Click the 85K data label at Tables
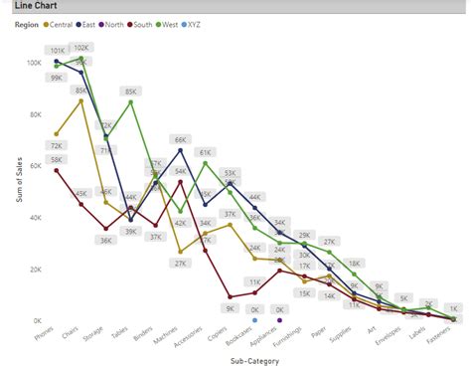coord(130,91)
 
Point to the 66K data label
coord(180,140)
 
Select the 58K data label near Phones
coord(57,159)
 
